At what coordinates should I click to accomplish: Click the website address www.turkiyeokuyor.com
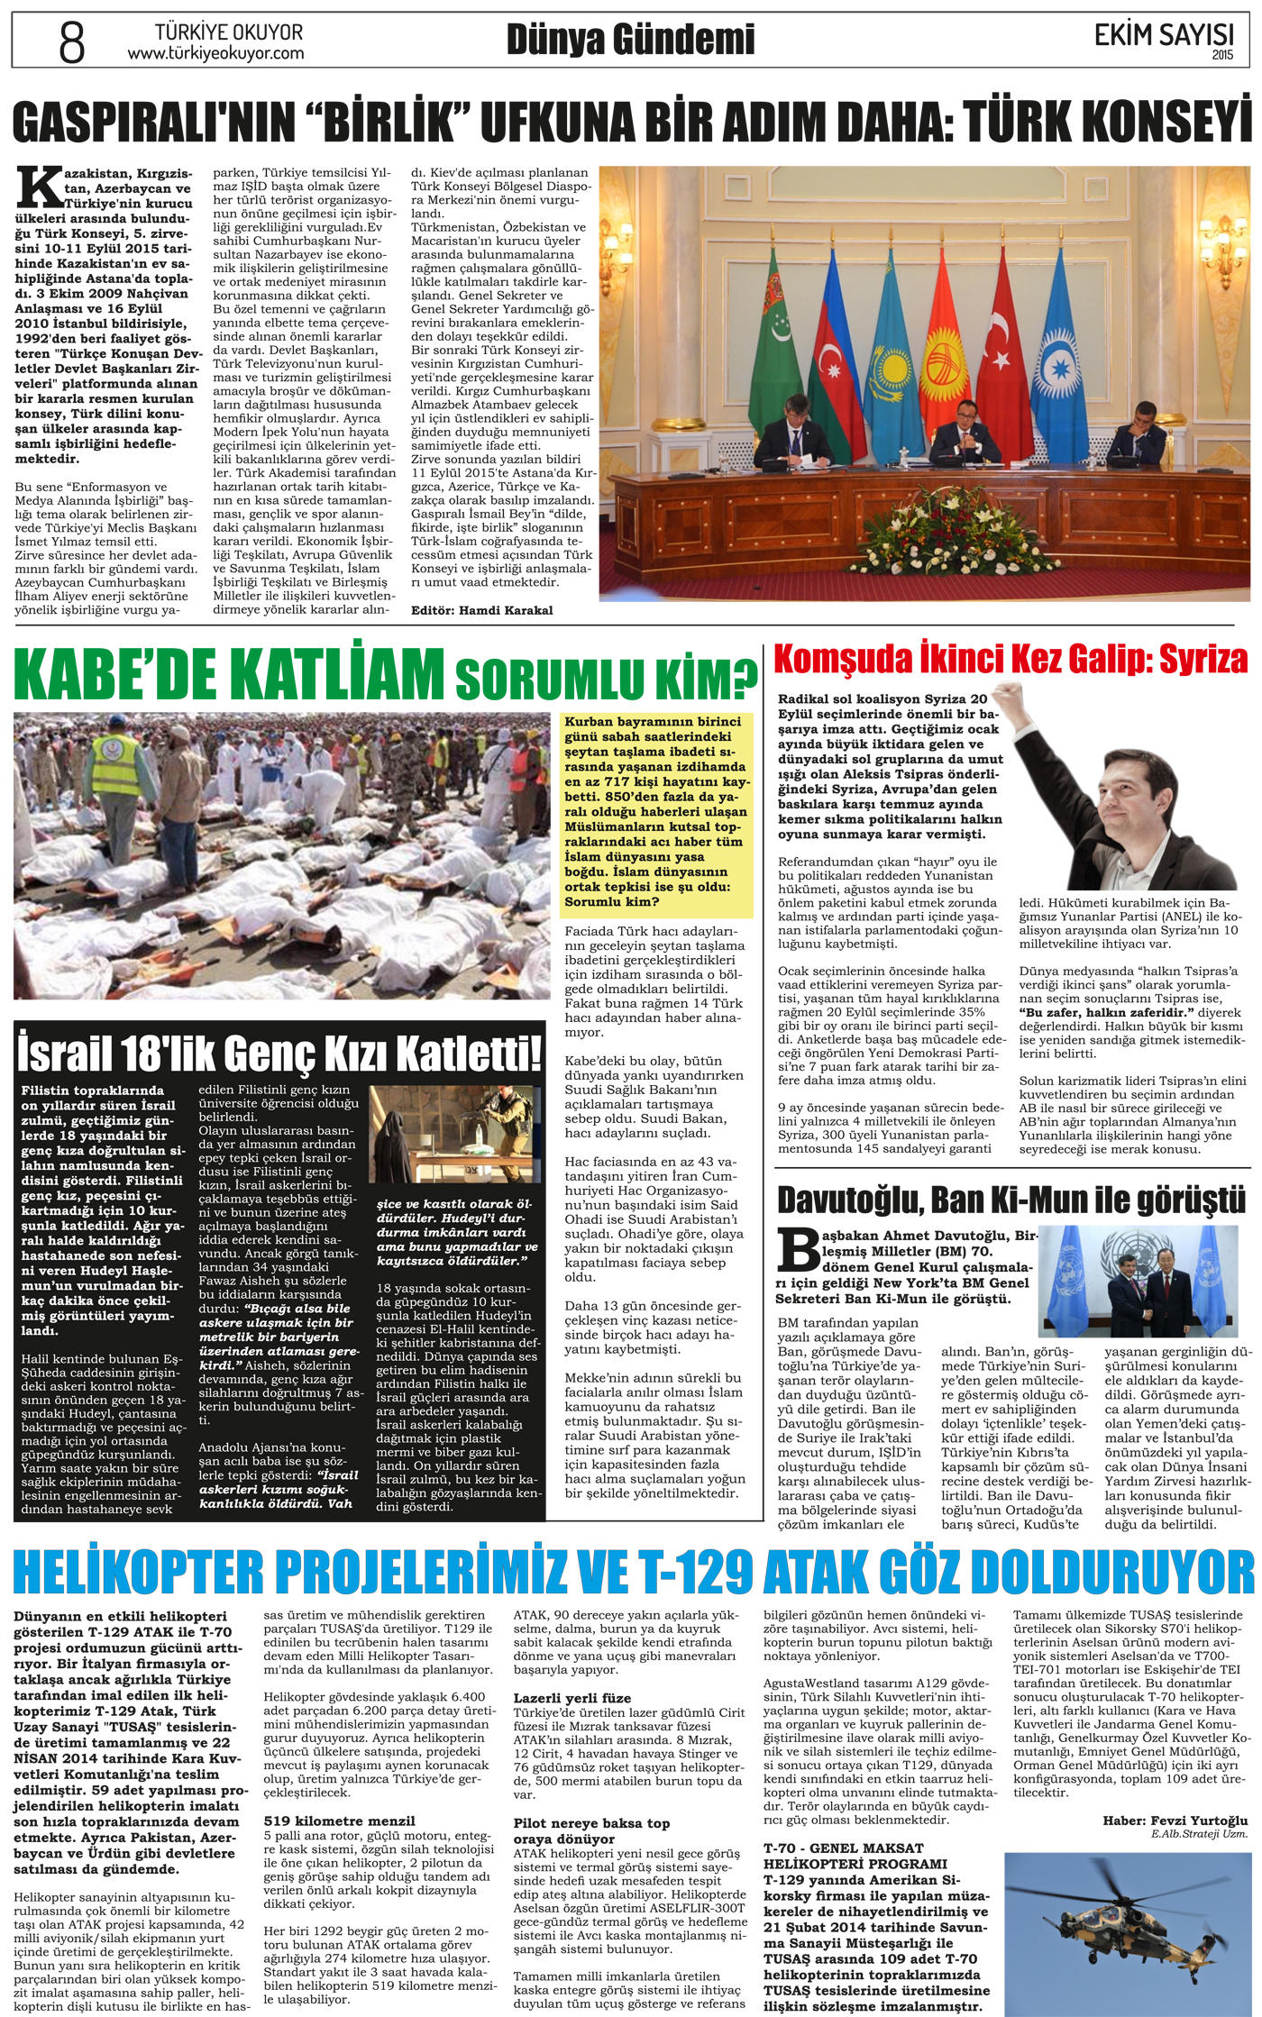click(x=215, y=54)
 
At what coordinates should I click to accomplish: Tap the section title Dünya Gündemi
click(x=630, y=40)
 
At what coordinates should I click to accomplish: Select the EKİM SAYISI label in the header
click(x=1163, y=35)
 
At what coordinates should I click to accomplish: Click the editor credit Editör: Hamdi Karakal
click(x=481, y=610)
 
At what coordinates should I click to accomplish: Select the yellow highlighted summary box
click(x=656, y=811)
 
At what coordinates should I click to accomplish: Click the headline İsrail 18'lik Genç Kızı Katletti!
click(x=279, y=1054)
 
